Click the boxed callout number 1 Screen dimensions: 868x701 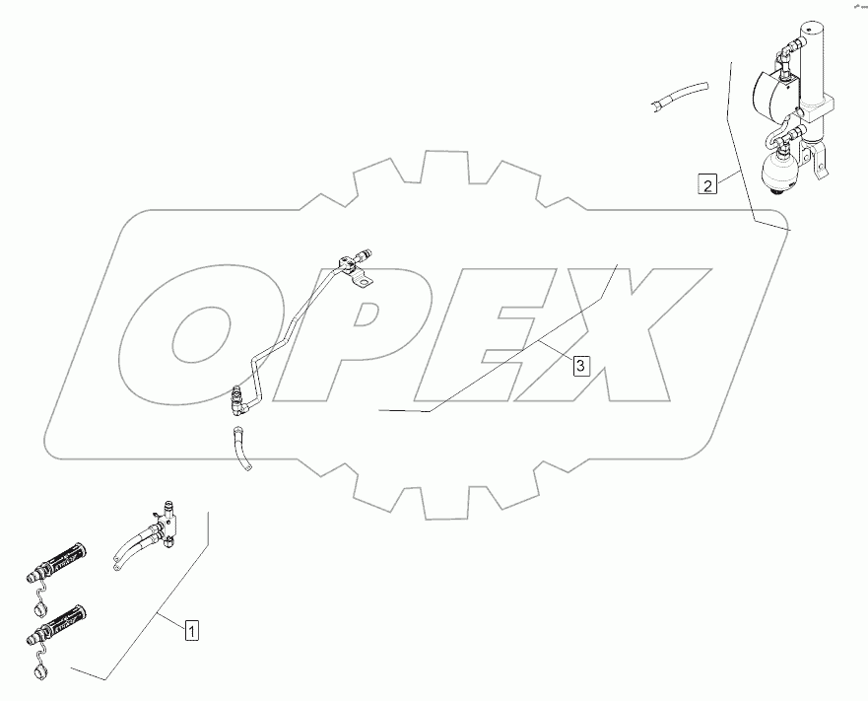tap(192, 627)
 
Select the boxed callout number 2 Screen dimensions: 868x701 tap(706, 182)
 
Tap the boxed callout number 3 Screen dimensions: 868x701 tap(580, 366)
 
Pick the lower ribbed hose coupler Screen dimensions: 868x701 tap(64, 619)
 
